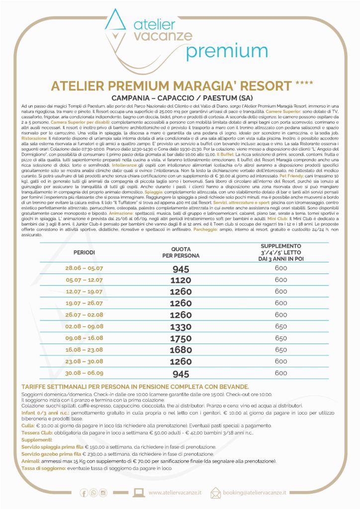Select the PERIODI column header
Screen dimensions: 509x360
84,252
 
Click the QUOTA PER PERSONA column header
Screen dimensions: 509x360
181,253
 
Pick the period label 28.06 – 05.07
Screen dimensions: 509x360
84,268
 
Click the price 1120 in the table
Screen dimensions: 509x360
181,280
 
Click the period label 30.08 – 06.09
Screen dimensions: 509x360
84,373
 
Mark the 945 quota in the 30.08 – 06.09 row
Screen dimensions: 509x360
181,373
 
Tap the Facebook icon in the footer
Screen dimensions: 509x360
84,493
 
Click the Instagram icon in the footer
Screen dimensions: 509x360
103,493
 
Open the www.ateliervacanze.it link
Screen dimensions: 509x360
175,493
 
